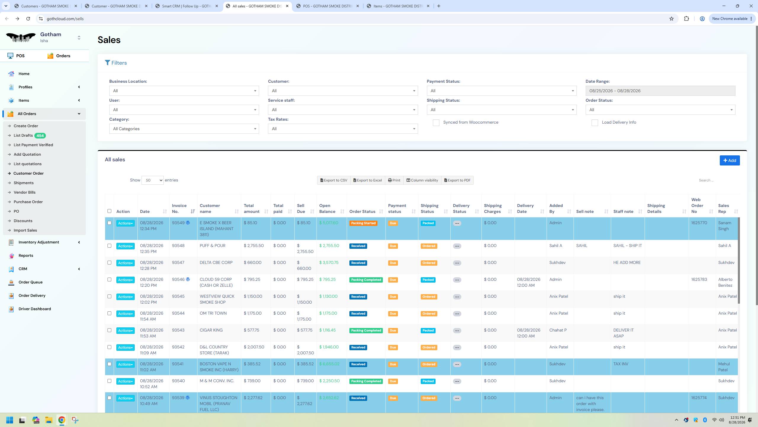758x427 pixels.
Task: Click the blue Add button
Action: [x=730, y=160]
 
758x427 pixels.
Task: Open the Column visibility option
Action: [x=422, y=180]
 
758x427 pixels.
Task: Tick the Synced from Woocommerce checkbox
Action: [x=436, y=123]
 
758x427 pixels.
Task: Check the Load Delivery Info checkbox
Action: [x=595, y=123]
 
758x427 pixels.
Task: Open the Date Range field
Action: [x=660, y=91]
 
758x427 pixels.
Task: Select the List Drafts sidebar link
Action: [x=23, y=136]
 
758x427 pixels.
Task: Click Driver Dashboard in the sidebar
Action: [x=35, y=309]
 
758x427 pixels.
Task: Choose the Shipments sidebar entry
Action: [x=23, y=183]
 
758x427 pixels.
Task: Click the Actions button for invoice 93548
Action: [x=125, y=246]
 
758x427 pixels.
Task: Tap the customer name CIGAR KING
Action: [x=211, y=330]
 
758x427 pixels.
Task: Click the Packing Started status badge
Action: [x=363, y=223]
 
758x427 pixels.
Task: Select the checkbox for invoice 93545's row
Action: [x=109, y=297]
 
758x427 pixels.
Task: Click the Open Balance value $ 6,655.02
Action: [x=329, y=364]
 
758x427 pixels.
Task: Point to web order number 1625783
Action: [x=699, y=280]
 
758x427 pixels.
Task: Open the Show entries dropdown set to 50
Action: [x=152, y=180]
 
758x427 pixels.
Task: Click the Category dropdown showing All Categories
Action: [x=184, y=129]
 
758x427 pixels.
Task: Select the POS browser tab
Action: [x=327, y=6]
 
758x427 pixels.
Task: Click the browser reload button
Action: [x=28, y=19]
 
